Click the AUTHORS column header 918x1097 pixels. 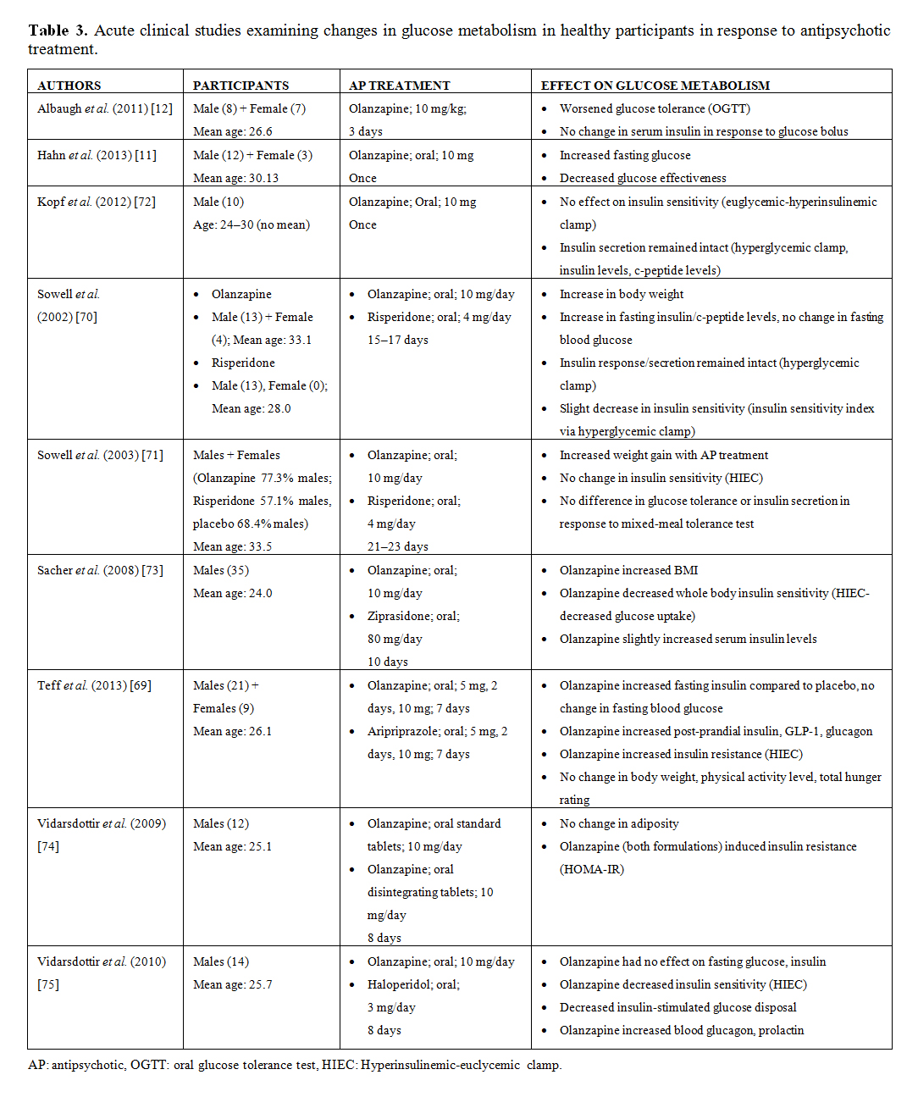(69, 86)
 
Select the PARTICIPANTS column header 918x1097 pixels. (241, 86)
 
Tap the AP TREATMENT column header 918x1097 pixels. (399, 86)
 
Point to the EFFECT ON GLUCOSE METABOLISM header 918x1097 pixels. (655, 86)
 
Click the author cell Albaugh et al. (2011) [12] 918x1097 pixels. (105, 108)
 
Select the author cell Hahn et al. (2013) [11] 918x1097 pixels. (97, 155)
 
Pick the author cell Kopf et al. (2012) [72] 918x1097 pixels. (97, 202)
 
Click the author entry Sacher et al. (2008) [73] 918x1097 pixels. (100, 570)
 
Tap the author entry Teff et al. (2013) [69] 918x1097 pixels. (94, 685)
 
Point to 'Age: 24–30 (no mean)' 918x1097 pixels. (252, 224)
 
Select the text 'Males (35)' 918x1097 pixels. (221, 570)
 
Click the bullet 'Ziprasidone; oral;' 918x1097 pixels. (413, 616)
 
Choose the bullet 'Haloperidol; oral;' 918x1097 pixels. (413, 984)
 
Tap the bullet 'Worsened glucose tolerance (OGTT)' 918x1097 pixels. (655, 108)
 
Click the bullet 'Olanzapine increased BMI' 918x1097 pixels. (628, 570)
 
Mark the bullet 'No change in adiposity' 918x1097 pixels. (619, 823)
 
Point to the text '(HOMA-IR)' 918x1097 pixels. (591, 869)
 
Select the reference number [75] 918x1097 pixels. (48, 984)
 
